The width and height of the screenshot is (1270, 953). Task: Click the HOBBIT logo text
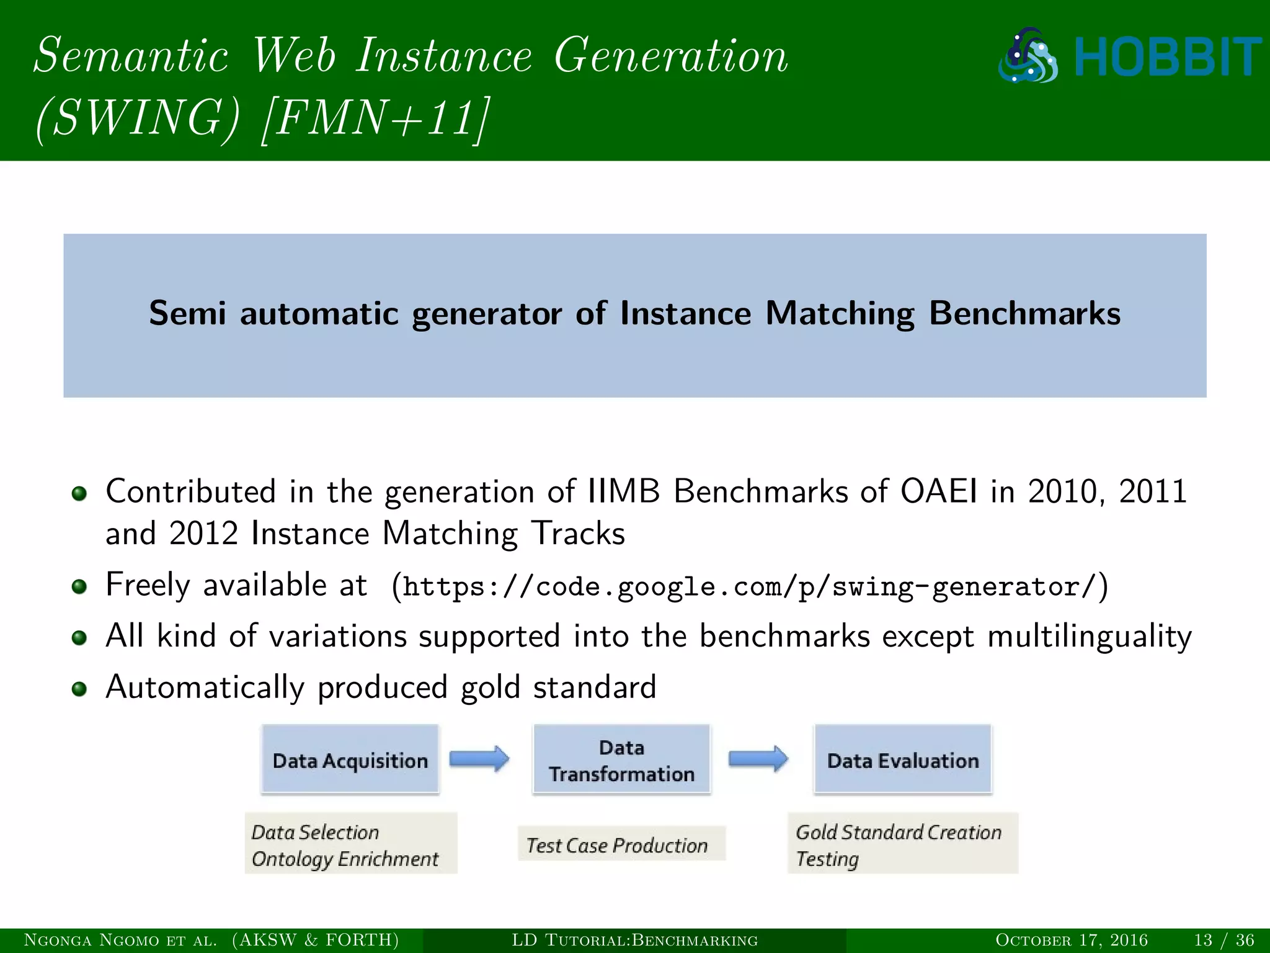click(x=1167, y=57)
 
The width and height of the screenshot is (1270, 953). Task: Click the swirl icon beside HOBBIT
click(x=1028, y=56)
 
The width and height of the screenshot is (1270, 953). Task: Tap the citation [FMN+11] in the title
click(x=376, y=118)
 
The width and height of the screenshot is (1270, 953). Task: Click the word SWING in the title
click(x=136, y=118)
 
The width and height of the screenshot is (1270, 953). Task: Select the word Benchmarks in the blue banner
click(x=1024, y=313)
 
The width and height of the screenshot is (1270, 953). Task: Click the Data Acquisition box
click(x=350, y=759)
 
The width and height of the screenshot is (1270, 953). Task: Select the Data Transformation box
click(x=621, y=759)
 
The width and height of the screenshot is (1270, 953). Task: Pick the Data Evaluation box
click(x=903, y=759)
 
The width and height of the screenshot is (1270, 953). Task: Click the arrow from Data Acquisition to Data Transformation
click(x=479, y=759)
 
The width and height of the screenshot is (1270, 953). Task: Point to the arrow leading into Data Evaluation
click(x=758, y=759)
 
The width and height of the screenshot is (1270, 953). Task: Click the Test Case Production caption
click(x=617, y=845)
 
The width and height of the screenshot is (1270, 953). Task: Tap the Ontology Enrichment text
click(x=345, y=859)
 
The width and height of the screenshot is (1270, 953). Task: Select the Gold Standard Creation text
click(x=899, y=832)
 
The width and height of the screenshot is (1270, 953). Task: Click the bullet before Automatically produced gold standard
click(x=79, y=689)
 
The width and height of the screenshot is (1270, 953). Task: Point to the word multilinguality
click(x=1089, y=637)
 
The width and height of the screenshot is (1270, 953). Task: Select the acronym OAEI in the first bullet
click(x=938, y=491)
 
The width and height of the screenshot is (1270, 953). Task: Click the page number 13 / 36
click(x=1223, y=940)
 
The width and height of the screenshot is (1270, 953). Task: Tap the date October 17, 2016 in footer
click(x=1072, y=940)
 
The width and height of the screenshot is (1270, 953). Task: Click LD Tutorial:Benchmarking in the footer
click(x=634, y=940)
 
